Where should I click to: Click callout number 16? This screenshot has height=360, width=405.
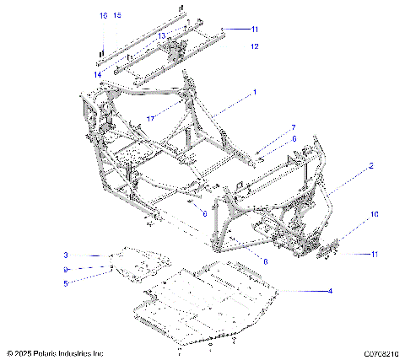pos(103,16)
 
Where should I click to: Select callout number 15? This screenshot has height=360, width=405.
pos(117,16)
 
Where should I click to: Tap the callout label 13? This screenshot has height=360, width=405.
pos(162,36)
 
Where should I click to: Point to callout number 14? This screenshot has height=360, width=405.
pos(98,75)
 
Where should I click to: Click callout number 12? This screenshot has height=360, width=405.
pos(254,46)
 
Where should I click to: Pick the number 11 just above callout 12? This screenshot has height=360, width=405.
pos(254,29)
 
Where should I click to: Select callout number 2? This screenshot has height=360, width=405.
pos(370,167)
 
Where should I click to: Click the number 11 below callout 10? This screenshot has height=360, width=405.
pos(375,253)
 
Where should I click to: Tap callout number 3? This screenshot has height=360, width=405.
pos(65,255)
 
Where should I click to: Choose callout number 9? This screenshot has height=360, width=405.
pos(65,269)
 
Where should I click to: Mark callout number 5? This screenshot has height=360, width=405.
pos(65,283)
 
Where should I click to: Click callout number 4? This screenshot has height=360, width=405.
pos(330,291)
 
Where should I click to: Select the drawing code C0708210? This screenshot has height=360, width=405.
pos(381,352)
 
